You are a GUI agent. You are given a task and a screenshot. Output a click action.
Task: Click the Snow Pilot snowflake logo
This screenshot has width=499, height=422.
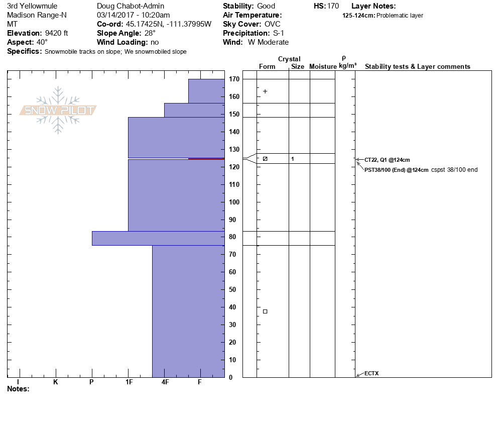58,110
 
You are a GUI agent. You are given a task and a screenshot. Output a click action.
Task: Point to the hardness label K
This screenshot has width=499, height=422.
55,382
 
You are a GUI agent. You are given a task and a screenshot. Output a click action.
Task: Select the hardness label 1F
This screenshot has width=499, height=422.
129,382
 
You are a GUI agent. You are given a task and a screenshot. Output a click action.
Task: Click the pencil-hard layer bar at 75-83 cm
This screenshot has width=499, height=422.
158,238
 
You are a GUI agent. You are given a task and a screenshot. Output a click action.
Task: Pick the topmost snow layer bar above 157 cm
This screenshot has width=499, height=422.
206,90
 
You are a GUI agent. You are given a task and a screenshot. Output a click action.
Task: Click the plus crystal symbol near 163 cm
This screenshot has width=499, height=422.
265,91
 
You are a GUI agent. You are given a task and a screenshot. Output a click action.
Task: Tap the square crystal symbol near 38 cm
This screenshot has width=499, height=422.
265,311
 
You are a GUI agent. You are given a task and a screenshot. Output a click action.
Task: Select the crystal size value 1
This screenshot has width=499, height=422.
292,159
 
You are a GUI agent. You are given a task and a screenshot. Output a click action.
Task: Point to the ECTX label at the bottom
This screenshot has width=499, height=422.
371,373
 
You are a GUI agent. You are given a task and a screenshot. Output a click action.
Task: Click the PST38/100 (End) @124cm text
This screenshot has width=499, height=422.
397,170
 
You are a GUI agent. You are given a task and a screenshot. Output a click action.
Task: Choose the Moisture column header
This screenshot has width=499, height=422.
323,67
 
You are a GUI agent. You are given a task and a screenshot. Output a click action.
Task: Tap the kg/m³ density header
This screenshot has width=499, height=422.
347,66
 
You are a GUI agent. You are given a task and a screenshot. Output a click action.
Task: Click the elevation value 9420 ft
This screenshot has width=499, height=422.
56,33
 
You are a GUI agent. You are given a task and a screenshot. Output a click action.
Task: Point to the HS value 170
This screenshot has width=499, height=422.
333,6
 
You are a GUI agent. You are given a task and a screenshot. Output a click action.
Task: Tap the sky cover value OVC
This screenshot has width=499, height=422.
273,24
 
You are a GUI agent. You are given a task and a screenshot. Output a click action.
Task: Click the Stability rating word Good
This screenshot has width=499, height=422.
266,6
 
